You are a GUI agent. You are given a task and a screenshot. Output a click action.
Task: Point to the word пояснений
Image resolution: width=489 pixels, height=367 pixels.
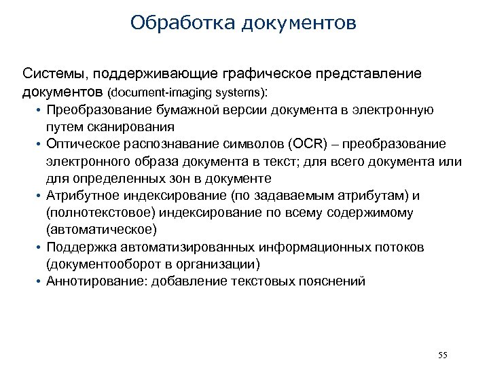pyautogui.click(x=333, y=281)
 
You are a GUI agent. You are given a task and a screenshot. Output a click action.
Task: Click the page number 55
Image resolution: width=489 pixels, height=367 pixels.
pyautogui.click(x=443, y=355)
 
